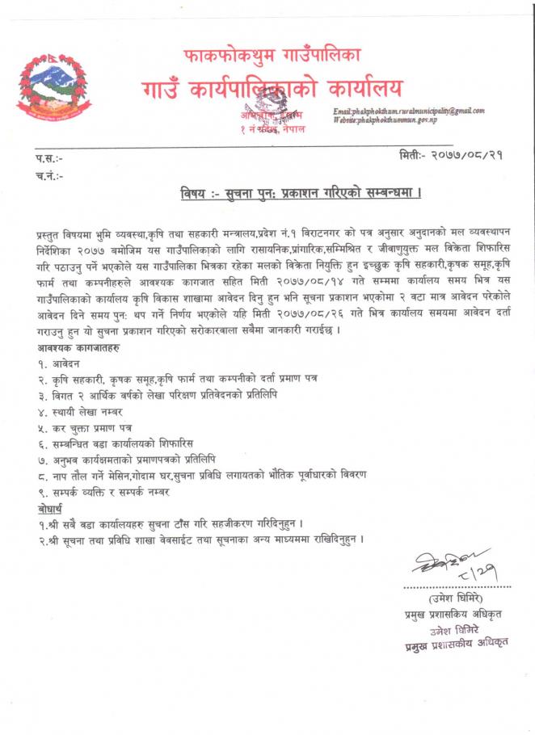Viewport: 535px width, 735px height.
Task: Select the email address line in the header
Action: (408, 110)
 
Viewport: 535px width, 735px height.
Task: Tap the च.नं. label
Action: (49, 175)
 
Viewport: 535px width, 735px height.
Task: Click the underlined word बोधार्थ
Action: (53, 508)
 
